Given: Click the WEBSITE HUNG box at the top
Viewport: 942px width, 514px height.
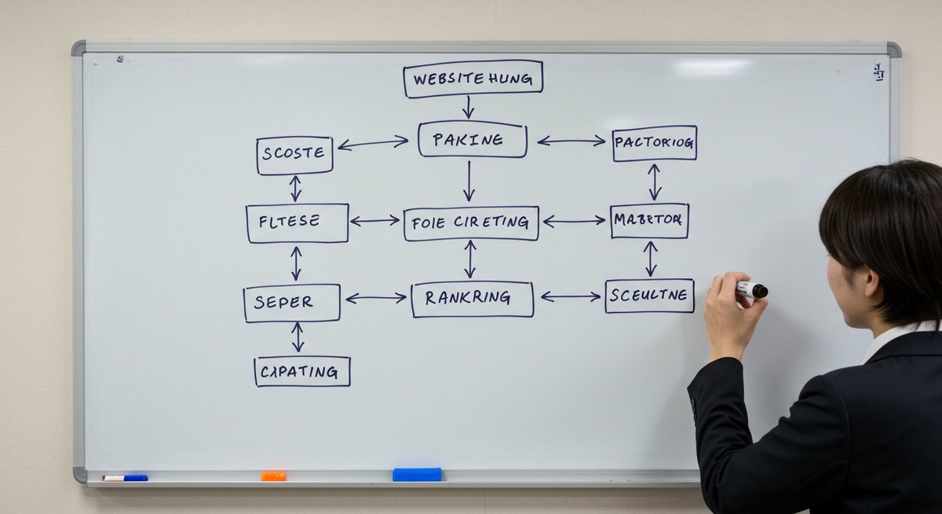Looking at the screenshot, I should (473, 79).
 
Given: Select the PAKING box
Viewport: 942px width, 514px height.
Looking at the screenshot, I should (472, 140).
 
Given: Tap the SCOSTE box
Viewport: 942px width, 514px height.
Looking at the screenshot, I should (294, 155).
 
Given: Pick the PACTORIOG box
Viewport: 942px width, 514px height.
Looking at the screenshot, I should (654, 143).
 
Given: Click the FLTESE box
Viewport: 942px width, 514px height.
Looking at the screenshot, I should (297, 222).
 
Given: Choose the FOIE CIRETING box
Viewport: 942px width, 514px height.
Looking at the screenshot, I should (471, 223).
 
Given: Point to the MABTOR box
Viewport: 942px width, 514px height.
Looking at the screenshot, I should (649, 221).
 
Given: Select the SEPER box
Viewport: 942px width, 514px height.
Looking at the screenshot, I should (291, 303).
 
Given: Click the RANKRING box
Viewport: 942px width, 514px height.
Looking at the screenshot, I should (472, 299).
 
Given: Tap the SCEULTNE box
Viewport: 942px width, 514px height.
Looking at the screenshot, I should (649, 296).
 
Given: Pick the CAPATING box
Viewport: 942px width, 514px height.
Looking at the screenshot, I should (302, 371).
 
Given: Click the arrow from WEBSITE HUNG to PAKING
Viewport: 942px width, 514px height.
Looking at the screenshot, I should (468, 108).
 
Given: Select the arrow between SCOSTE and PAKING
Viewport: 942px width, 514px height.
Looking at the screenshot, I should (373, 143).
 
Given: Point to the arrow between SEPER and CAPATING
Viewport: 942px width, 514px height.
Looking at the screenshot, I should (298, 337).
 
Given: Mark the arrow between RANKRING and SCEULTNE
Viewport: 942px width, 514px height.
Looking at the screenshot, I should (571, 296).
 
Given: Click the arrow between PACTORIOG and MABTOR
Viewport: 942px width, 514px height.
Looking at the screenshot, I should (654, 182).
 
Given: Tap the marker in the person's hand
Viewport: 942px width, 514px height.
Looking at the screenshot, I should (751, 290).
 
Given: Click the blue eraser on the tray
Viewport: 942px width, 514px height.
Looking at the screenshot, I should (417, 474).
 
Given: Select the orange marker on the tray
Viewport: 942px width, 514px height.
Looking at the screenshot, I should (273, 475).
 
